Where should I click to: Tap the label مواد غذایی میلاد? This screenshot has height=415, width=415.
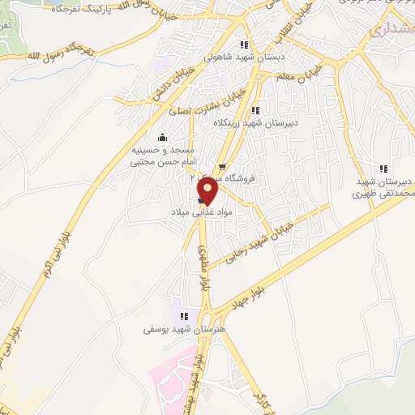(190, 212)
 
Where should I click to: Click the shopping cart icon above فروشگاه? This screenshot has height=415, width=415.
(222, 167)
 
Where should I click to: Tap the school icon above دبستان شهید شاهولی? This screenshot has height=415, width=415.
(243, 45)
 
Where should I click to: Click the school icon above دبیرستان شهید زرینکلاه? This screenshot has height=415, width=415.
(255, 110)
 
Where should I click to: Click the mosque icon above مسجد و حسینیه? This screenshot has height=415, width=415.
(162, 136)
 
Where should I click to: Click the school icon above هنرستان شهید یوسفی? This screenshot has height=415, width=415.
(184, 316)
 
